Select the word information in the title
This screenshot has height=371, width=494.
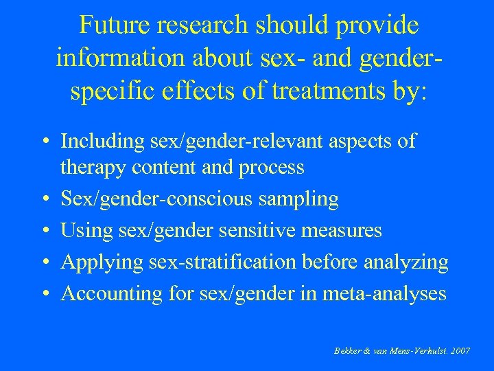click(x=115, y=58)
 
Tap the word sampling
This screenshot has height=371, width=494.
click(x=300, y=200)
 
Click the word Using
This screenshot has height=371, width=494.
click(x=82, y=230)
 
